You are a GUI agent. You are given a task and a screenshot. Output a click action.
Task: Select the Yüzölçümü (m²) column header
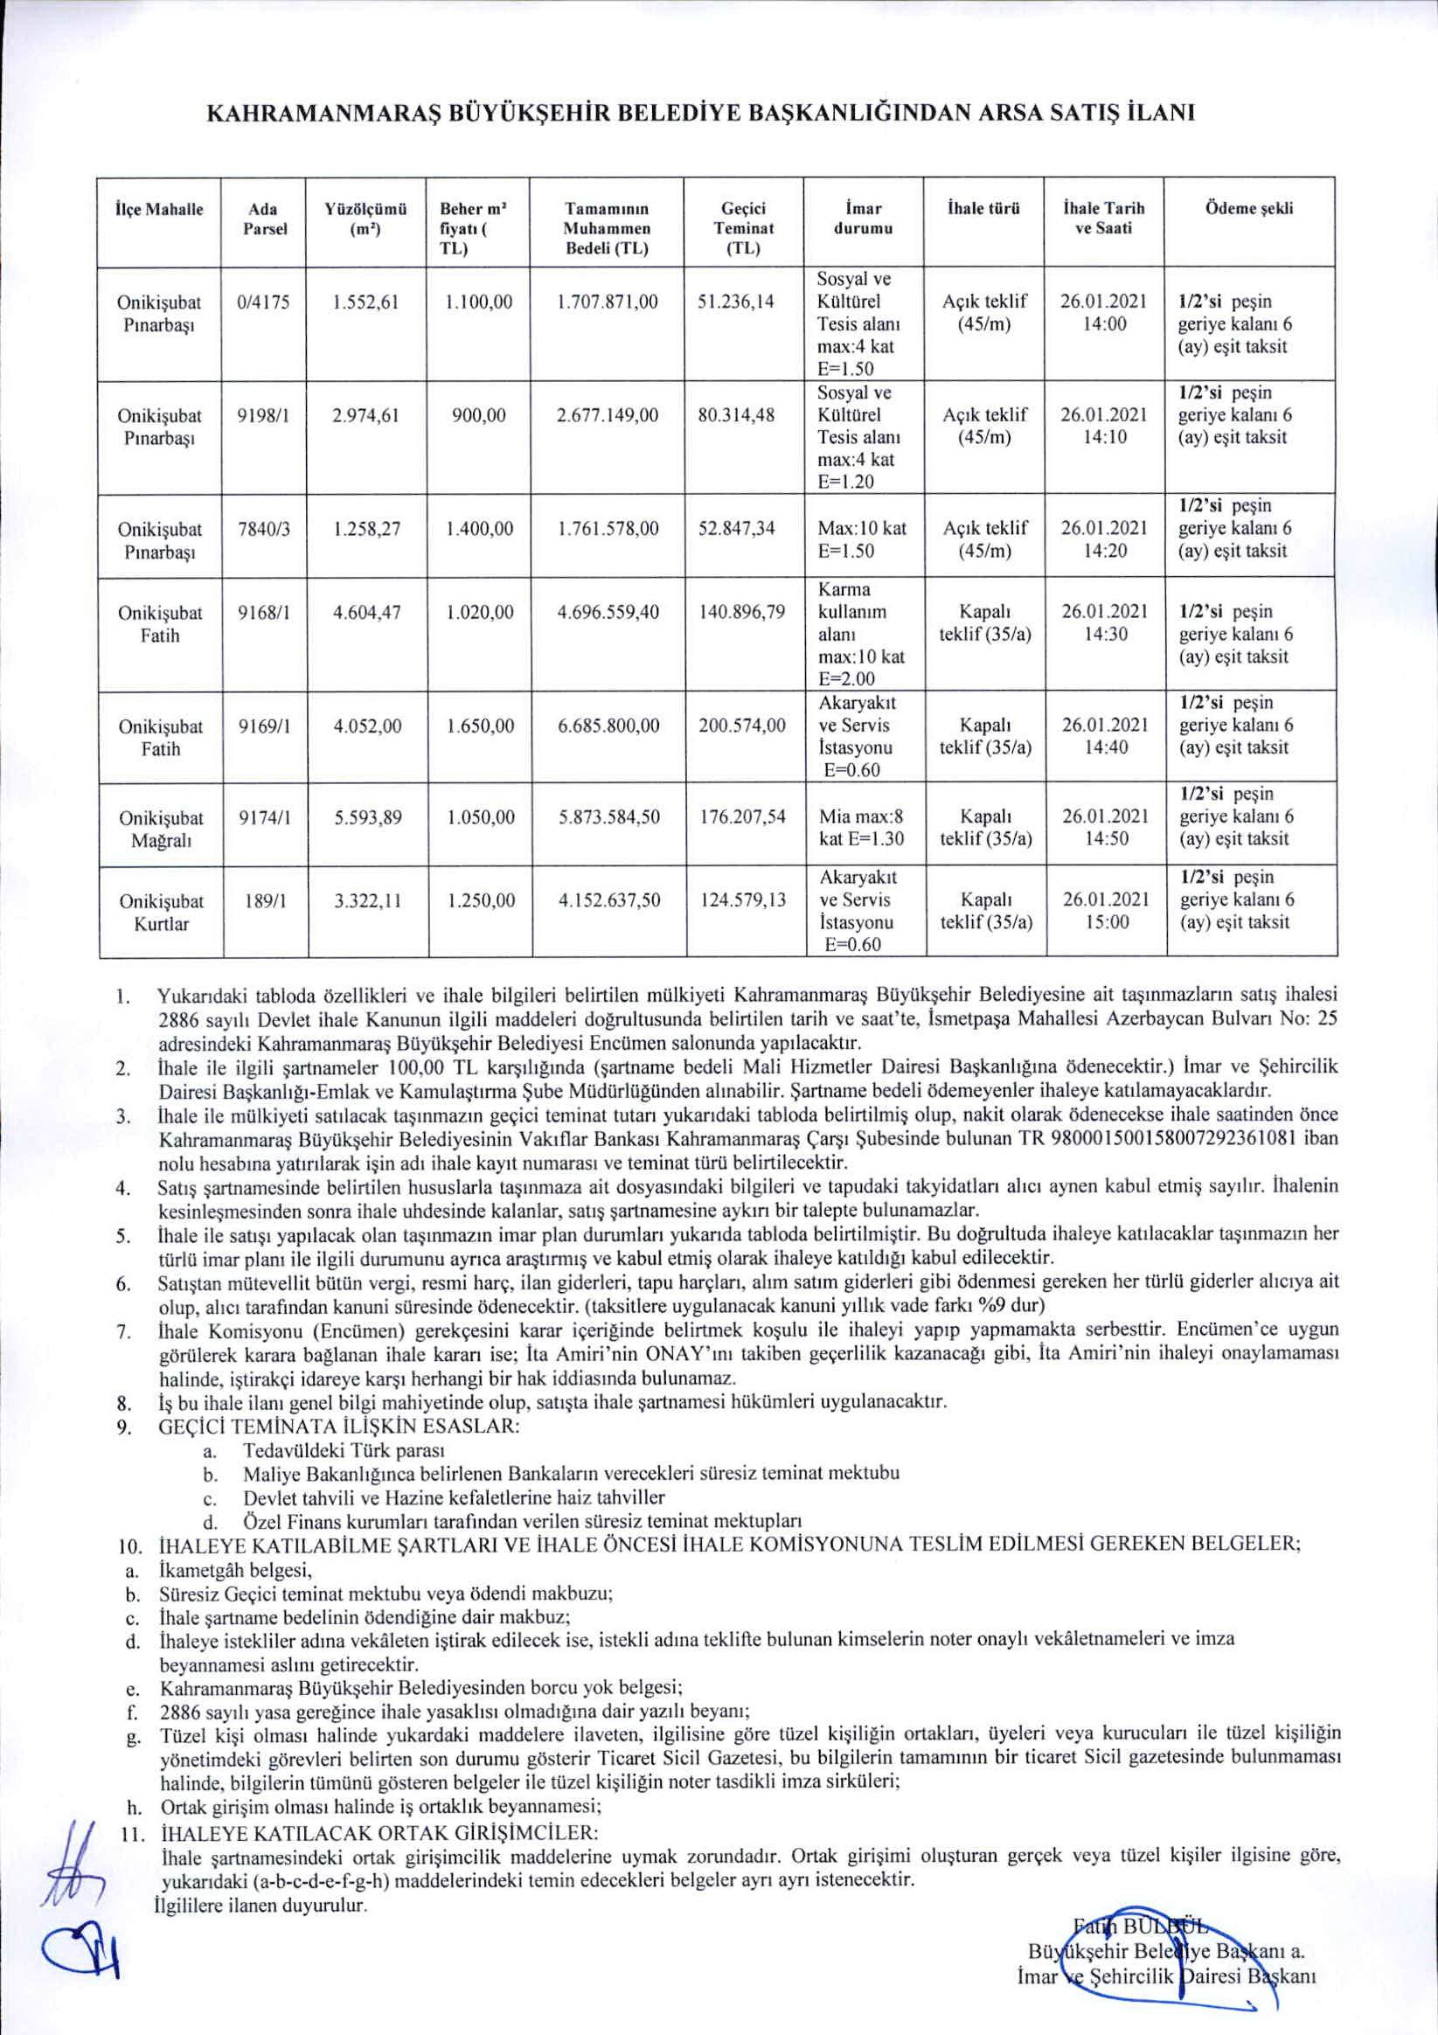coord(365,219)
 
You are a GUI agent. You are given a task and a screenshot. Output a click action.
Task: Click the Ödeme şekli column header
coord(1249,209)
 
